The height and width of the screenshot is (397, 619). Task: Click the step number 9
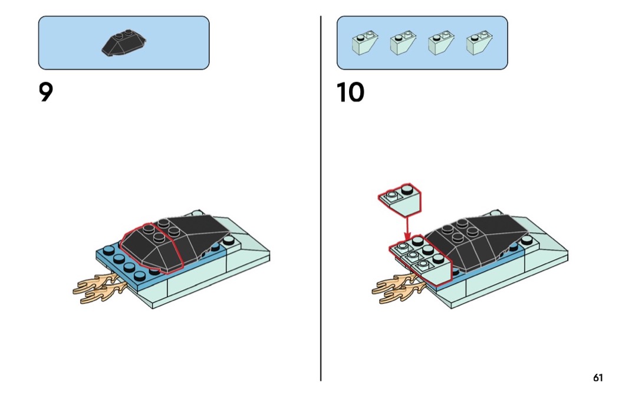coord(46,93)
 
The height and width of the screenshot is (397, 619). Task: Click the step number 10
coord(350,93)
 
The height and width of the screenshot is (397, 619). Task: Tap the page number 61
coord(598,378)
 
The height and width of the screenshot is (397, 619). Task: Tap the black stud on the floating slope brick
coord(407,191)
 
